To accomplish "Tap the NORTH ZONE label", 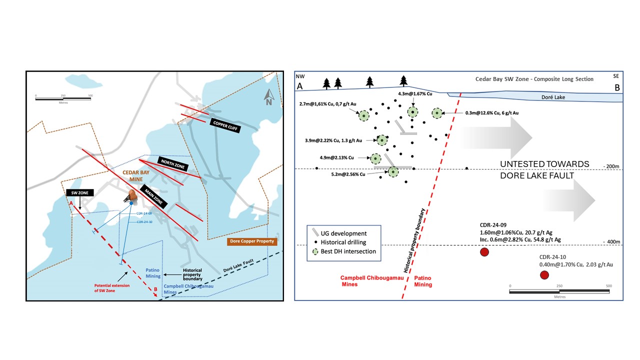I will [x=172, y=163].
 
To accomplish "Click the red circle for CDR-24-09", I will [x=484, y=252].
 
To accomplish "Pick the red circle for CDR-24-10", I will [x=544, y=275].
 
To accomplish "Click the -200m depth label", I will [x=611, y=166].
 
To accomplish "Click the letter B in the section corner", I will [x=617, y=87].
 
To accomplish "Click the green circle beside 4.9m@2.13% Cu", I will [x=375, y=158].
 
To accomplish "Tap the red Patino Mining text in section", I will [x=422, y=281].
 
